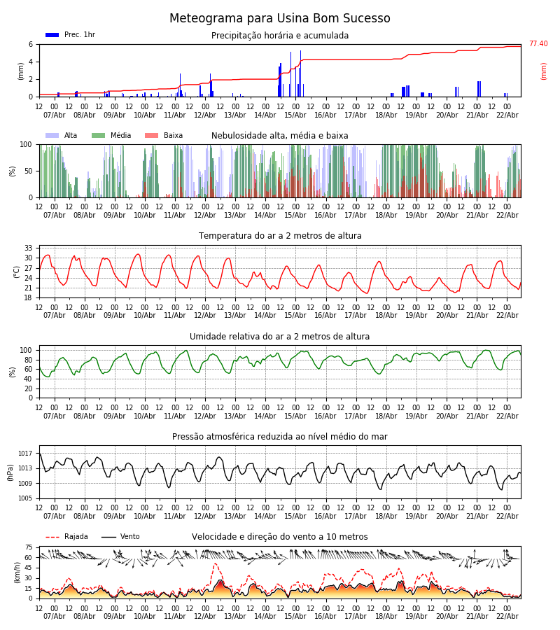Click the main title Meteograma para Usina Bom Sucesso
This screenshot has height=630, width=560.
(280, 19)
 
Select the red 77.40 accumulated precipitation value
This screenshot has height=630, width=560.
(538, 44)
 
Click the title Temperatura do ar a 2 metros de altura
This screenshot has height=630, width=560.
(280, 236)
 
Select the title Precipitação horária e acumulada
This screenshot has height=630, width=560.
(280, 36)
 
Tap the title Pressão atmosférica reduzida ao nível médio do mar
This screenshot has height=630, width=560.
(280, 437)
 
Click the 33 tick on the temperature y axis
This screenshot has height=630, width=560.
(29, 248)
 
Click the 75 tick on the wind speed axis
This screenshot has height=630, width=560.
(29, 547)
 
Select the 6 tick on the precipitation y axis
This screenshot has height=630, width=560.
(31, 44)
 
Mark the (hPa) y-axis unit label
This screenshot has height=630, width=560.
(10, 472)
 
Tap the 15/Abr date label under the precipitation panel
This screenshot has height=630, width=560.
(295, 115)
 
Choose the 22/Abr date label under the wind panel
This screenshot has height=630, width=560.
(507, 616)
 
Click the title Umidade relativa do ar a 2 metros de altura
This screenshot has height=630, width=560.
(280, 337)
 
